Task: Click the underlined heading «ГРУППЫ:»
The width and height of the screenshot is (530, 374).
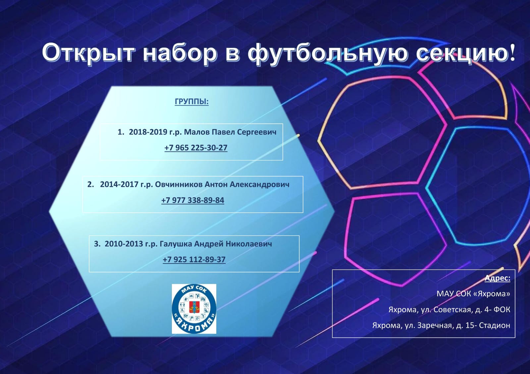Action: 192,102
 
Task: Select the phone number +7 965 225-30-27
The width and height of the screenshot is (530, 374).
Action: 196,148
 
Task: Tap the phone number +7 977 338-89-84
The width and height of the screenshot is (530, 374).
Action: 192,200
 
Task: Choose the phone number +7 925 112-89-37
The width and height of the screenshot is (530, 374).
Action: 194,259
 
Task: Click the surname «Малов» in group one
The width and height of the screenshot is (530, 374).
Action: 197,132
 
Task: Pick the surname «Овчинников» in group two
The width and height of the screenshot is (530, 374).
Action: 179,184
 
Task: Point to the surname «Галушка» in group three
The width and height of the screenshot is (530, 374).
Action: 176,244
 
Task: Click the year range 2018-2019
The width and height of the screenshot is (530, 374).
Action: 148,132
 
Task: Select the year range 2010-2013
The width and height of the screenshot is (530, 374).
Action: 124,244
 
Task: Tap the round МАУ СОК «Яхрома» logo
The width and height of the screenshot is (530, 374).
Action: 194,309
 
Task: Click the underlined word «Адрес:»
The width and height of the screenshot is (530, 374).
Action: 497,278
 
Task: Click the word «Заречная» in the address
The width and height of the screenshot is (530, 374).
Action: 434,326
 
